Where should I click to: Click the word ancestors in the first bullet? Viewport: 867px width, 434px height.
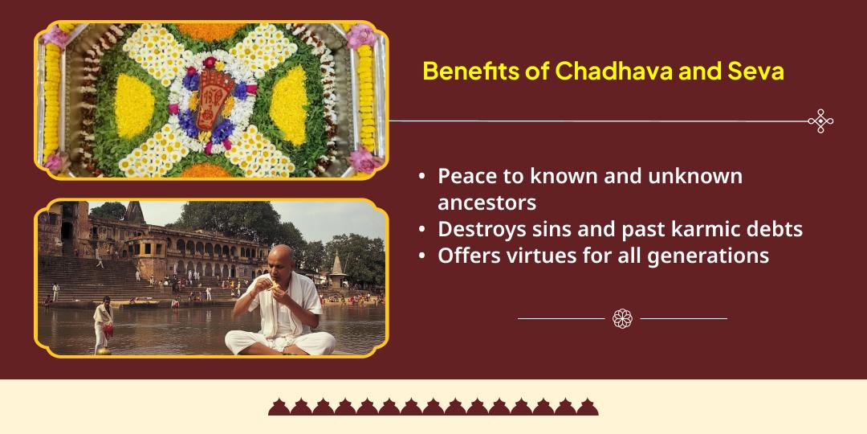(486, 201)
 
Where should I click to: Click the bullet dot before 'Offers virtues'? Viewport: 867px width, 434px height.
(422, 256)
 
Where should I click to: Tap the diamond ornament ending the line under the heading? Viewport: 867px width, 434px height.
(820, 121)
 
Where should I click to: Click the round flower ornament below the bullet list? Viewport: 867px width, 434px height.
(622, 318)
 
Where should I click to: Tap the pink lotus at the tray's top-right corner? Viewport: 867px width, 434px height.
(359, 35)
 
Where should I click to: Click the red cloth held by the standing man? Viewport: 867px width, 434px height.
(108, 330)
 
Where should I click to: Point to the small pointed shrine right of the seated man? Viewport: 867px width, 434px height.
(336, 265)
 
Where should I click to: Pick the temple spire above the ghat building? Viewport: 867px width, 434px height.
(133, 211)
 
